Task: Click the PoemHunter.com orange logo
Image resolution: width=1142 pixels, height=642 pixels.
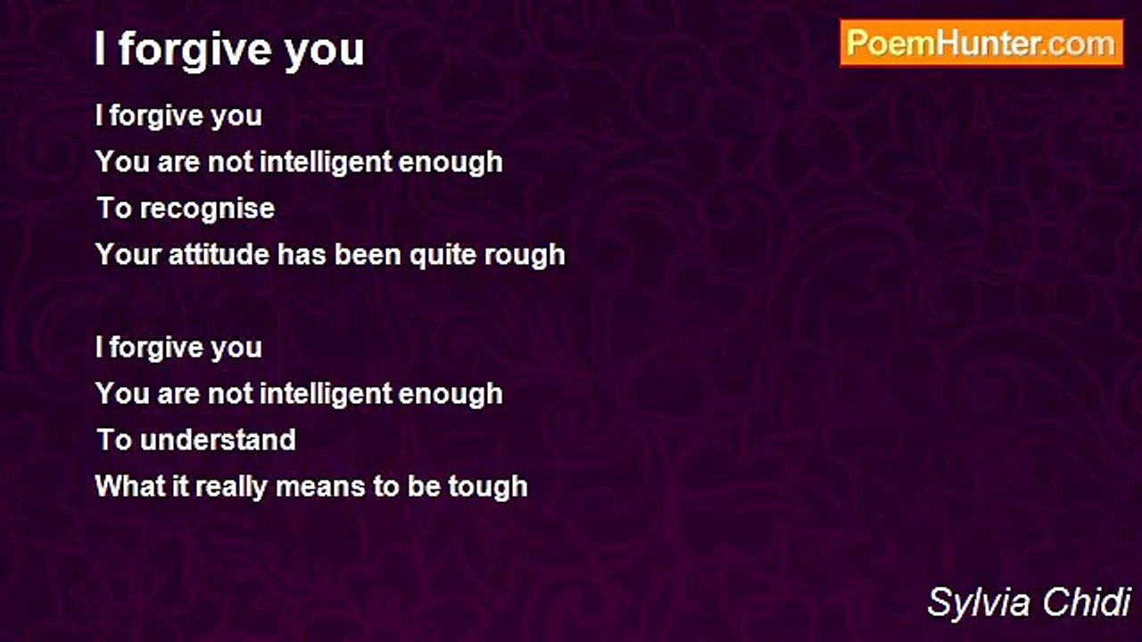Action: (981, 44)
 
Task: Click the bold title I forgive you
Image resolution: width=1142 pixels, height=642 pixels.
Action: (229, 50)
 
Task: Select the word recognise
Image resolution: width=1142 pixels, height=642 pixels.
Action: (208, 210)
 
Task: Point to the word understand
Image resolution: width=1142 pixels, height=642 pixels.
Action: (218, 440)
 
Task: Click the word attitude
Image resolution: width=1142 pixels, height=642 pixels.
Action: (219, 255)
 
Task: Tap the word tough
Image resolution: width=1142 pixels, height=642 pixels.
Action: (488, 488)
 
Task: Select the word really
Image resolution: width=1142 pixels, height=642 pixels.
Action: (231, 488)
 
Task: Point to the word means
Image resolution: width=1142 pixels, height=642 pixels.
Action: (320, 488)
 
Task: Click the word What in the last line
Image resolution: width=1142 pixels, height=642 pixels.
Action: (129, 486)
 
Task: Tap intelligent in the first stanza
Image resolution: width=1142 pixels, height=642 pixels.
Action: (327, 163)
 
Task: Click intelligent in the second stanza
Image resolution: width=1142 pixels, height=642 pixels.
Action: (327, 395)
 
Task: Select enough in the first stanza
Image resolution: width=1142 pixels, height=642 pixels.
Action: (451, 163)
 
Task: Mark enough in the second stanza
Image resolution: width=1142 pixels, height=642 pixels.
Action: (451, 395)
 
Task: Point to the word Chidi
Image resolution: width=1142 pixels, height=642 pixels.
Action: (1087, 602)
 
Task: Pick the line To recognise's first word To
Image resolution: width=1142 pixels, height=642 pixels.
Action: (114, 209)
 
